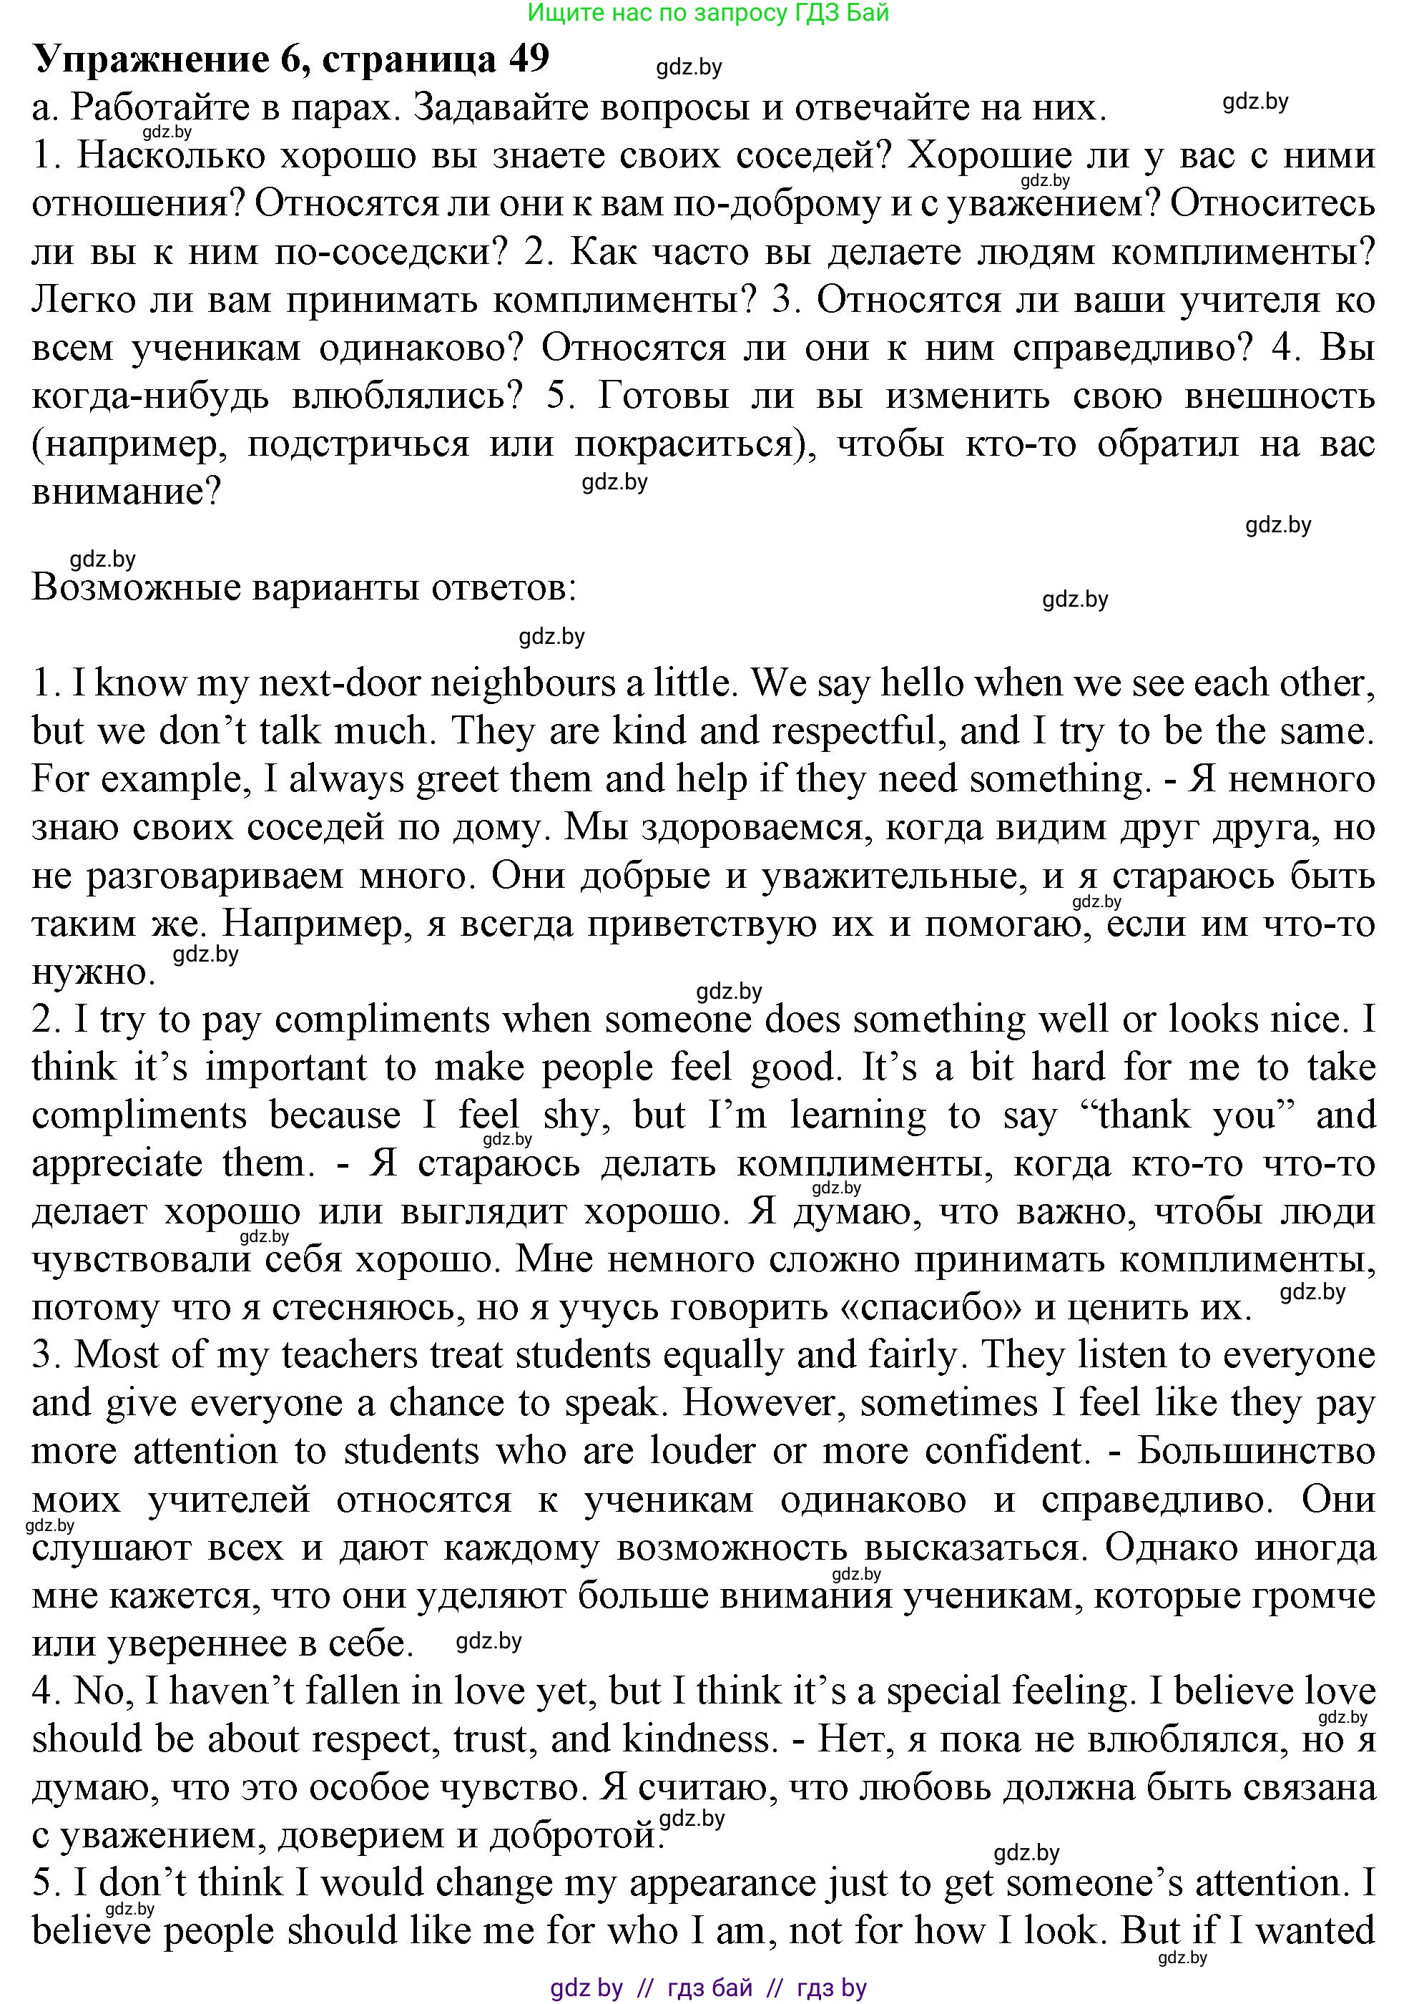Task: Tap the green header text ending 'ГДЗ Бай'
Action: [x=709, y=13]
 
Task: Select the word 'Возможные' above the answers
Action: [x=134, y=588]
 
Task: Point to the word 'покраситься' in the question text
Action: [x=694, y=445]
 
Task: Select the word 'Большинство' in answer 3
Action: [x=1256, y=1452]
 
